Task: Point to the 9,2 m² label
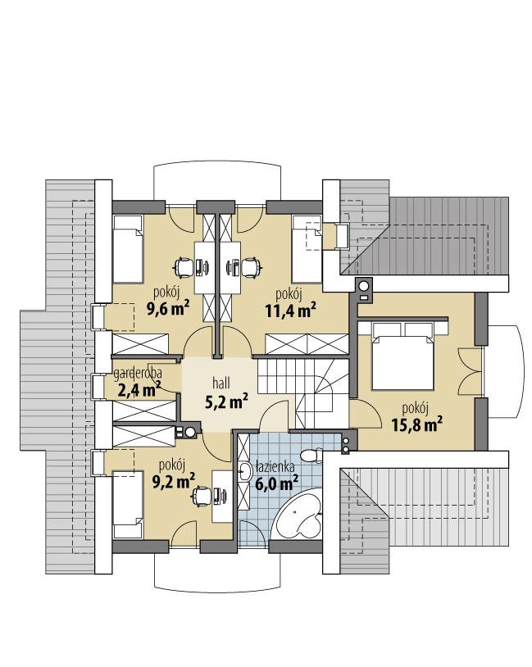pyautogui.click(x=173, y=479)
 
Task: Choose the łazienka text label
pyautogui.click(x=275, y=466)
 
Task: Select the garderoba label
pyautogui.click(x=138, y=374)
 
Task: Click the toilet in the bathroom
pyautogui.click(x=311, y=456)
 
